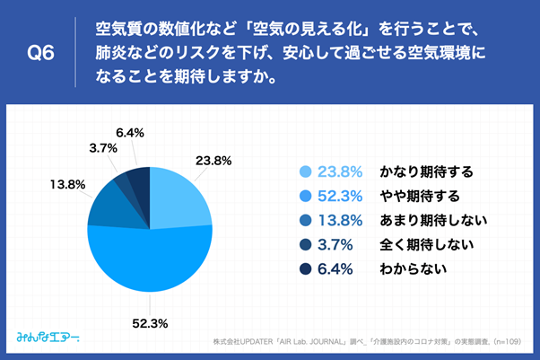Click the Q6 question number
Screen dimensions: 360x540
coord(40,53)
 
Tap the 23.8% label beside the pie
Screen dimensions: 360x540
coord(213,162)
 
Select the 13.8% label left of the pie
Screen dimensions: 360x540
coord(67,185)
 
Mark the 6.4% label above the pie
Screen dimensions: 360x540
coord(131,133)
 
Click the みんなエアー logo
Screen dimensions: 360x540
coord(48,338)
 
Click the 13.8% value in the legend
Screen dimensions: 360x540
coord(340,220)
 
